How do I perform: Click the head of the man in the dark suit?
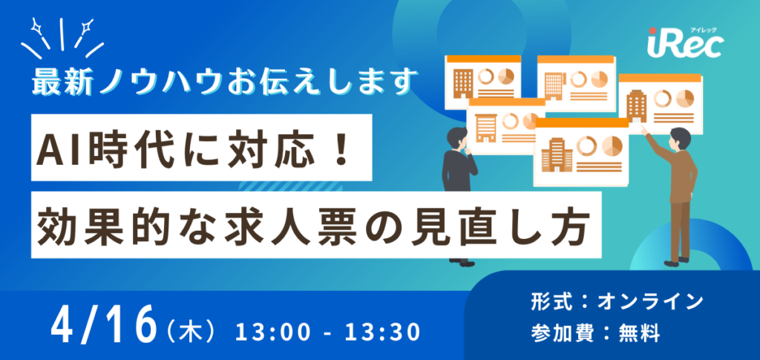coord(459,138)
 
